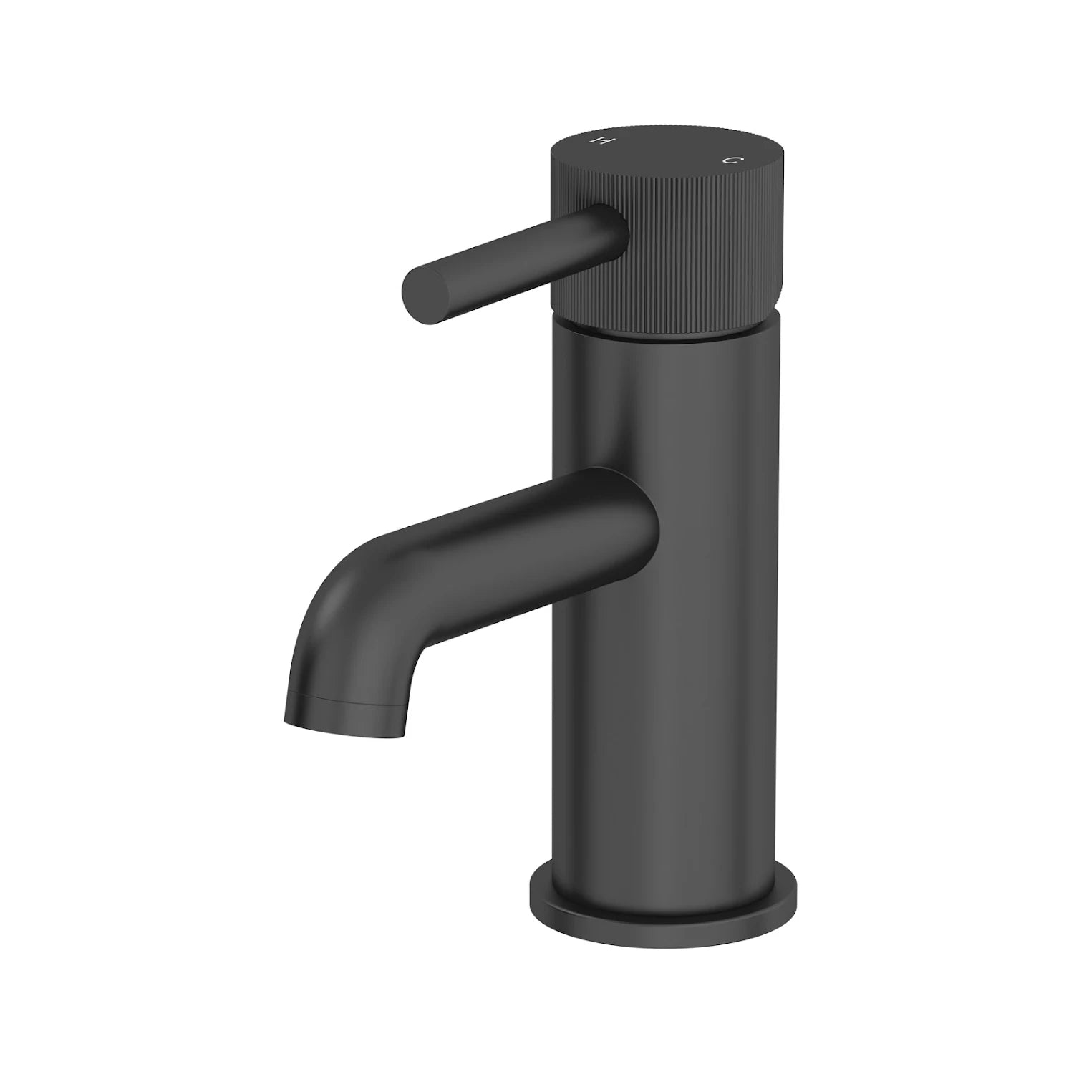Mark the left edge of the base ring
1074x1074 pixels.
pos(533,888)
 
